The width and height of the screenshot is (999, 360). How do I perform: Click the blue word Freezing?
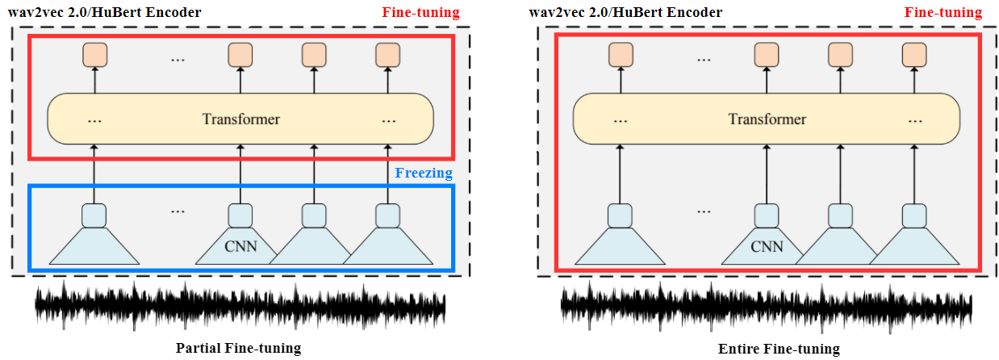(424, 173)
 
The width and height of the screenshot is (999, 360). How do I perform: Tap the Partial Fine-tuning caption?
(238, 349)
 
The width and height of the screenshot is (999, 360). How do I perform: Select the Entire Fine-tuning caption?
(779, 349)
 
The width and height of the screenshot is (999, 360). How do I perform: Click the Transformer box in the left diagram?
(240, 119)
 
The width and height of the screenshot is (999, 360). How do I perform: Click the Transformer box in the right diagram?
(767, 119)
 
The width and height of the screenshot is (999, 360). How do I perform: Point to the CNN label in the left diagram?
(240, 245)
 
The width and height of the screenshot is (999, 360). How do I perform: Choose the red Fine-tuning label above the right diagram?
(943, 13)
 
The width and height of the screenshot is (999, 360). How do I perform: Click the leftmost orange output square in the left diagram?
(94, 55)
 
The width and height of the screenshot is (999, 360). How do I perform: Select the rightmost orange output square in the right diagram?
(914, 55)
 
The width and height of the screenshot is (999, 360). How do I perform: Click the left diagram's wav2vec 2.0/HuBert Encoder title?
(105, 13)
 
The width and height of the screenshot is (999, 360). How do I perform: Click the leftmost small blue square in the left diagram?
(94, 216)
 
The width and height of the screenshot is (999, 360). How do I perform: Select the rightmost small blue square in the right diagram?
(914, 216)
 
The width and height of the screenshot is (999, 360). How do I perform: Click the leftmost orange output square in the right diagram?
(621, 55)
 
